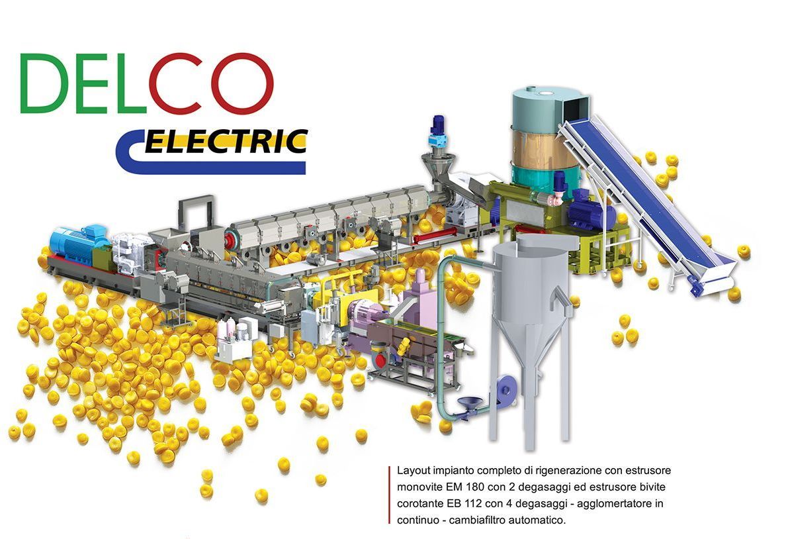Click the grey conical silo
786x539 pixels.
531,301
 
